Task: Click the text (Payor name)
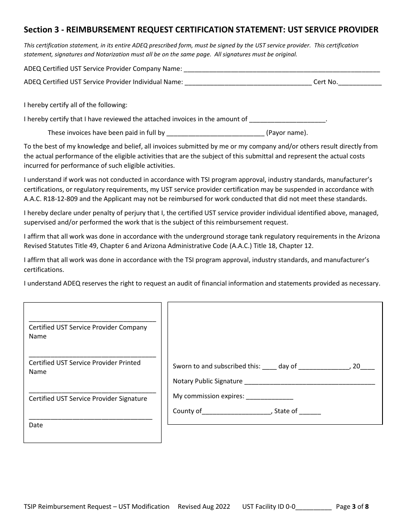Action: [x=287, y=133]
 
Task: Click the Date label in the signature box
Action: [x=36, y=425]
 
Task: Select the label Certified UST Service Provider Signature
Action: [x=88, y=399]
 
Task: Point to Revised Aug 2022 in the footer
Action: [x=204, y=507]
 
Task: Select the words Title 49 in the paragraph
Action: [x=106, y=246]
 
